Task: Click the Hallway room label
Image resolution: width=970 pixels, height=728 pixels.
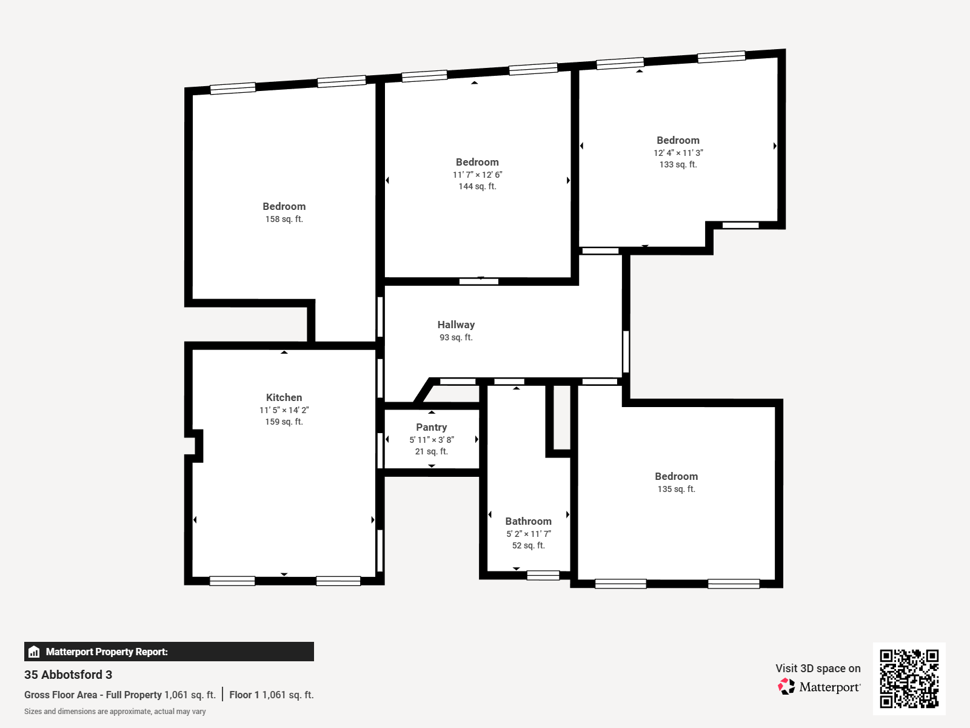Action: click(456, 325)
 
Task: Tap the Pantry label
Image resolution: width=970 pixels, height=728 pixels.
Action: click(431, 428)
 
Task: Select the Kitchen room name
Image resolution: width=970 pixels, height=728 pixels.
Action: click(284, 397)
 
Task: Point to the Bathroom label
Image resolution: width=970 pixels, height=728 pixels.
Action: click(528, 521)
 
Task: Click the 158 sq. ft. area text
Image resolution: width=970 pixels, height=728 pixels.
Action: click(284, 219)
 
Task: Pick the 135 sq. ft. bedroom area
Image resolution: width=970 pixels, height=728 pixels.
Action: click(676, 490)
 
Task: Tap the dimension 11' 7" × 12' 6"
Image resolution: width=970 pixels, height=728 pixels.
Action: click(477, 175)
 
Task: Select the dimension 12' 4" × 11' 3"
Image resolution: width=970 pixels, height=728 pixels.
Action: click(678, 153)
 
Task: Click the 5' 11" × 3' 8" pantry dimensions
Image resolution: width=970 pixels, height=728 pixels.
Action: click(431, 440)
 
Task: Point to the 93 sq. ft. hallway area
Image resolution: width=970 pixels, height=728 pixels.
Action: click(456, 338)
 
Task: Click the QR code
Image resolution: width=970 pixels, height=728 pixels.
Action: click(909, 678)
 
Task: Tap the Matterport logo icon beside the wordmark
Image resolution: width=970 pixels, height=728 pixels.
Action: click(786, 687)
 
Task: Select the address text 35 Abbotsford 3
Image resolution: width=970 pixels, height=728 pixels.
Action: click(68, 675)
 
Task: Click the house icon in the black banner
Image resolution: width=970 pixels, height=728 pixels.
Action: click(34, 652)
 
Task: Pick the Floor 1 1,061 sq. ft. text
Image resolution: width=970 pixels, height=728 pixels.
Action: click(272, 695)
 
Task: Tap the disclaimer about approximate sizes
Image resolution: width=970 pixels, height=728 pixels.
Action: click(115, 712)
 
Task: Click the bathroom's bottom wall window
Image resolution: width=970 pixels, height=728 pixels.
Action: click(543, 575)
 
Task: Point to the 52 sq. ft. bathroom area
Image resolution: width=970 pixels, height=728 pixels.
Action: click(528, 545)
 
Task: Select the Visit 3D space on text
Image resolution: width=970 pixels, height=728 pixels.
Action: click(818, 669)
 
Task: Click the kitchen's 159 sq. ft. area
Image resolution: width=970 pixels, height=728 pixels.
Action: click(284, 422)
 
